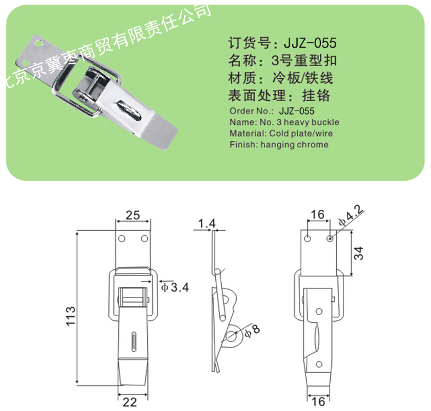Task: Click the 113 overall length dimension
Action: pyautogui.click(x=71, y=316)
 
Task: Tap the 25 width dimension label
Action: pyautogui.click(x=133, y=215)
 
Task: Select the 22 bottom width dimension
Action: pyautogui.click(x=129, y=402)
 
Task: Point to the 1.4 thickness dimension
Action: pyautogui.click(x=206, y=224)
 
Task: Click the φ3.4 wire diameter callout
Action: pyautogui.click(x=175, y=287)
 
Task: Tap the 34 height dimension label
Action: pyautogui.click(x=358, y=253)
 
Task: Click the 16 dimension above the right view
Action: pyautogui.click(x=318, y=214)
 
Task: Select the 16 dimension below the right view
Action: pyautogui.click(x=318, y=402)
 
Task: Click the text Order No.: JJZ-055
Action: pyautogui.click(x=272, y=111)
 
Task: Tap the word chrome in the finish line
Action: pyautogui.click(x=314, y=145)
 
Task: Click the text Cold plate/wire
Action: pyautogui.click(x=301, y=133)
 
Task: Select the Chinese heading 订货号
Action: pyautogui.click(x=249, y=43)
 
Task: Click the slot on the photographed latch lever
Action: pyautogui.click(x=130, y=111)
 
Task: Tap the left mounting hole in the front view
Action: pyautogui.click(x=122, y=238)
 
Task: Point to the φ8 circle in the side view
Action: pyautogui.click(x=231, y=336)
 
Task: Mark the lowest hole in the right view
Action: pyautogui.click(x=319, y=364)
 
